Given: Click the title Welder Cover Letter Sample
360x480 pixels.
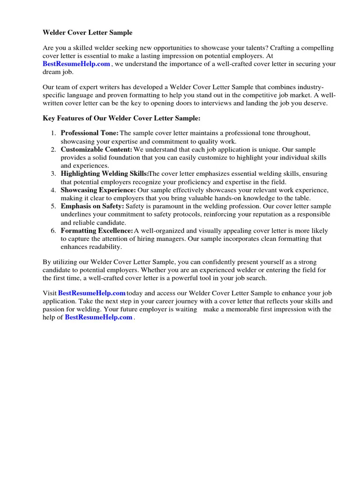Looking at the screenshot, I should [88, 33].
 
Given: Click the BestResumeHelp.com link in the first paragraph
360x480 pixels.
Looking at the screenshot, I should [76, 64].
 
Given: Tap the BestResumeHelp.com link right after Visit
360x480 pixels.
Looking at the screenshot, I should [91, 293].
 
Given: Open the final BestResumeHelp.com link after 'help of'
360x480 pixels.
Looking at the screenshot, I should [98, 317].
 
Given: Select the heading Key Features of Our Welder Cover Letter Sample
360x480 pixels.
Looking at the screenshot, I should [121, 118].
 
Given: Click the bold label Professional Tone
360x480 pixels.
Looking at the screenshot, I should [90, 133].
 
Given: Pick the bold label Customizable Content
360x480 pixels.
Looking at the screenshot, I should [97, 150].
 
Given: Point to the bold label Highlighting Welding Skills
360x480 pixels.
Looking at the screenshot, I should [104, 174].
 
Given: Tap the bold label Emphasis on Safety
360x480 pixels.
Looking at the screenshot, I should [92, 206].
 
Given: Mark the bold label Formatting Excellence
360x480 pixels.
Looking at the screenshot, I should [97, 231].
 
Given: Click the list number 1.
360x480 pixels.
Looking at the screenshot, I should [53, 133].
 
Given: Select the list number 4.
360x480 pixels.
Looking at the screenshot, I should [53, 190].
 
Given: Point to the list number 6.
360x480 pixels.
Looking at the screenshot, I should [53, 231].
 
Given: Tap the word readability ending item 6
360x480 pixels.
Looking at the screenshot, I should [105, 247].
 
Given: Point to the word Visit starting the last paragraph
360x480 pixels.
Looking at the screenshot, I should [50, 293].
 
